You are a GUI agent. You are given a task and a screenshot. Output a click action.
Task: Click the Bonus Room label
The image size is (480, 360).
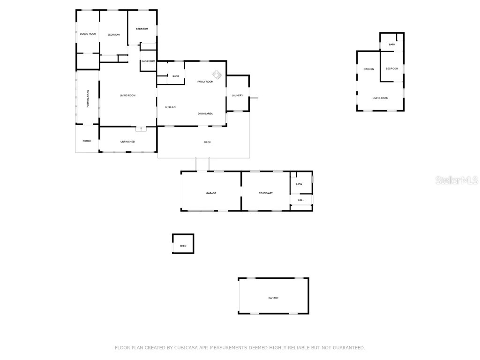(x=88, y=34)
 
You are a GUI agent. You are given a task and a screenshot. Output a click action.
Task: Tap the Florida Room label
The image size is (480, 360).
(x=88, y=98)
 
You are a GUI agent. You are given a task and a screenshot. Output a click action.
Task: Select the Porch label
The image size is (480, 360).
(x=87, y=141)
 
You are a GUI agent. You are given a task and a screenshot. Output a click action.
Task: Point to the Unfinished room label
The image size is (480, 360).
(x=127, y=142)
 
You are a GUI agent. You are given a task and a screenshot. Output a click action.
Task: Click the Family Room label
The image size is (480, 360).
(x=205, y=82)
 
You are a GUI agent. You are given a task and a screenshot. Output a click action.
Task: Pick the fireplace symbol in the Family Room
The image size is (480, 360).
(x=217, y=75)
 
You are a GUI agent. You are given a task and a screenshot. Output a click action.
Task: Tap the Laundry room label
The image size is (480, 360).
(x=237, y=96)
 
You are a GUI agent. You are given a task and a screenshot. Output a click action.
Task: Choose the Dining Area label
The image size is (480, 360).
(x=205, y=113)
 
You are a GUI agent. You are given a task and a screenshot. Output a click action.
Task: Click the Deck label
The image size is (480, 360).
(x=207, y=142)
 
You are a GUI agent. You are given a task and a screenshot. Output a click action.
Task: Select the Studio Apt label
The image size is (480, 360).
(x=265, y=193)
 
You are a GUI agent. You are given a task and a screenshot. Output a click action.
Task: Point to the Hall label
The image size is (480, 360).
(x=301, y=200)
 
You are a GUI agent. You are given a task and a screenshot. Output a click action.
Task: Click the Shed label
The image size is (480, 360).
(x=183, y=246)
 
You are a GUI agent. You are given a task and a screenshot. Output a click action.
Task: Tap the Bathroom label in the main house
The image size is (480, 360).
(x=148, y=61)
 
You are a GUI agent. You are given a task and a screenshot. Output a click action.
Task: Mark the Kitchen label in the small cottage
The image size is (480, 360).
(x=369, y=69)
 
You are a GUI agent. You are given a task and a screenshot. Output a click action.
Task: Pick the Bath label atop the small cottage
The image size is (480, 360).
(x=392, y=44)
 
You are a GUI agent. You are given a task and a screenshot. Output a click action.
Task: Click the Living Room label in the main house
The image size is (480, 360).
(x=127, y=96)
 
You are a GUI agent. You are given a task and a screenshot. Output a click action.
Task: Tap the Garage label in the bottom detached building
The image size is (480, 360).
(x=273, y=298)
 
